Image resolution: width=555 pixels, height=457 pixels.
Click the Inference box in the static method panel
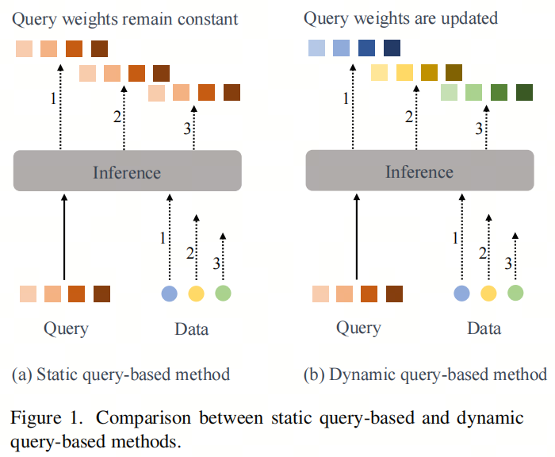coord(127,171)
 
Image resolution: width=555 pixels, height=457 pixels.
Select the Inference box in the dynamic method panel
coord(419,171)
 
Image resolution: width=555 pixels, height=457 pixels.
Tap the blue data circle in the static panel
coord(169,294)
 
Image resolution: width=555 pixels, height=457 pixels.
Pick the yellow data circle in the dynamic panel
coord(488,294)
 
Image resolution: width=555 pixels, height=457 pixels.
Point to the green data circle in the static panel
coord(223,294)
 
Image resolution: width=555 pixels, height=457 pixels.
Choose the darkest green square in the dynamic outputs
coord(524,92)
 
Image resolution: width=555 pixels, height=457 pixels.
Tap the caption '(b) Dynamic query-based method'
coord(425,374)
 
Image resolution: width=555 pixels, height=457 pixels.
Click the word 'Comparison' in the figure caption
coord(147,417)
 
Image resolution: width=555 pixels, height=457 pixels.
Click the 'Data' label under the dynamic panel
coord(484,328)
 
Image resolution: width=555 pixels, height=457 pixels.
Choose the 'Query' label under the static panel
coord(65,328)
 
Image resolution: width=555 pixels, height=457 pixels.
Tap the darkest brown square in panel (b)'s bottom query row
coord(394,294)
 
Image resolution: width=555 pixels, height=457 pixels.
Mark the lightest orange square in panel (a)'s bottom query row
coord(29,294)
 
